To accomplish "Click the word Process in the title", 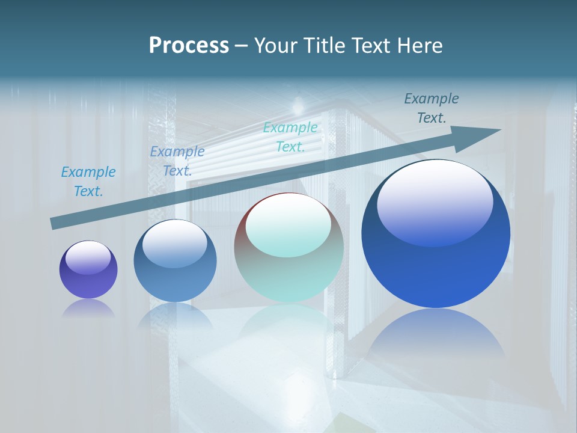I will click(189, 46).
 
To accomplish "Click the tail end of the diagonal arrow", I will click(55, 223).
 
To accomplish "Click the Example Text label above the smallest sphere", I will click(88, 181).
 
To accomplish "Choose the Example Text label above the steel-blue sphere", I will click(177, 161).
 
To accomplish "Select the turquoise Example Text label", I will click(290, 137).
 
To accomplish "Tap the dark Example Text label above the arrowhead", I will click(431, 108).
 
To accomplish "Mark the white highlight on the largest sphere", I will click(435, 203).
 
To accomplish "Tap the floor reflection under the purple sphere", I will click(88, 309).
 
